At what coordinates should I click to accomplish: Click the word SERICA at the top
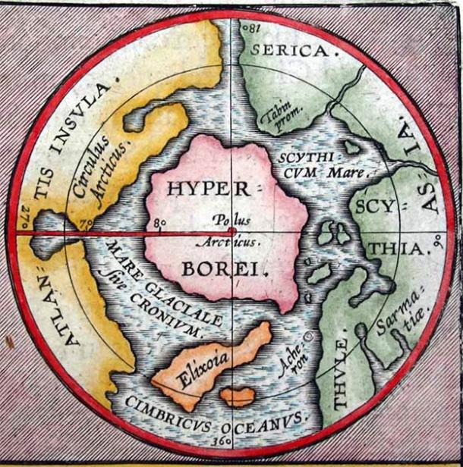[x=293, y=52]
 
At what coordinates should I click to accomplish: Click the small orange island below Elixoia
[x=238, y=396]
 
